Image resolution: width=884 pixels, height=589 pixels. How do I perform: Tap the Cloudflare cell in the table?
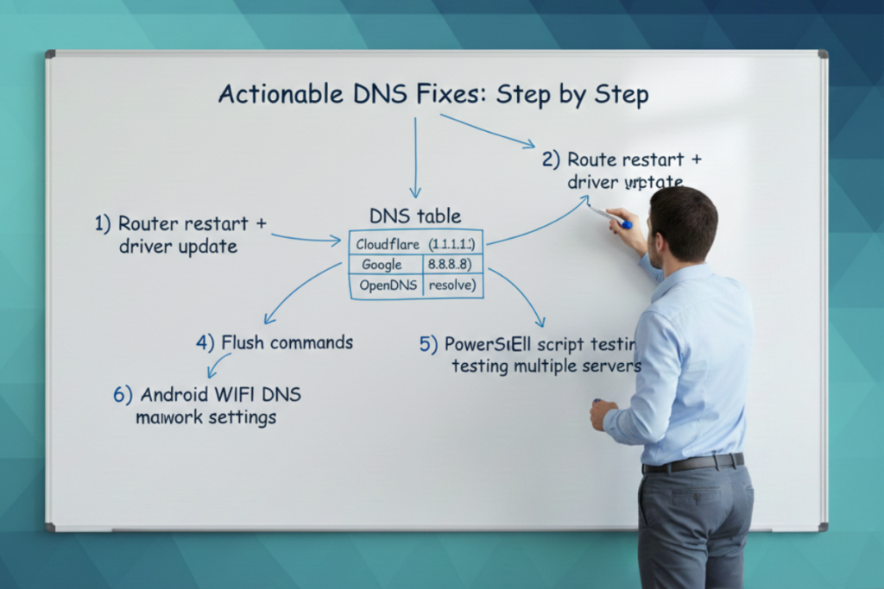386,244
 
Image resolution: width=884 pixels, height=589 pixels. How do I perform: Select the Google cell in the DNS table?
382,265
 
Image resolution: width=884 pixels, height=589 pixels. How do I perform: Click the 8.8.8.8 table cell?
450,265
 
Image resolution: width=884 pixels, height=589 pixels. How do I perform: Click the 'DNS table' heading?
414,216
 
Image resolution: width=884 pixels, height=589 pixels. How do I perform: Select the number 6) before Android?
123,395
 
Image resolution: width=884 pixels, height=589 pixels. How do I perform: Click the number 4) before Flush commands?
205,342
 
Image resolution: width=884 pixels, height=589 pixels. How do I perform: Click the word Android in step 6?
179,395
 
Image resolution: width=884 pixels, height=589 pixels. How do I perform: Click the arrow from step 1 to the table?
306,238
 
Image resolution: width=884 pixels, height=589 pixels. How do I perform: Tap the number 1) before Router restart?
103,223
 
